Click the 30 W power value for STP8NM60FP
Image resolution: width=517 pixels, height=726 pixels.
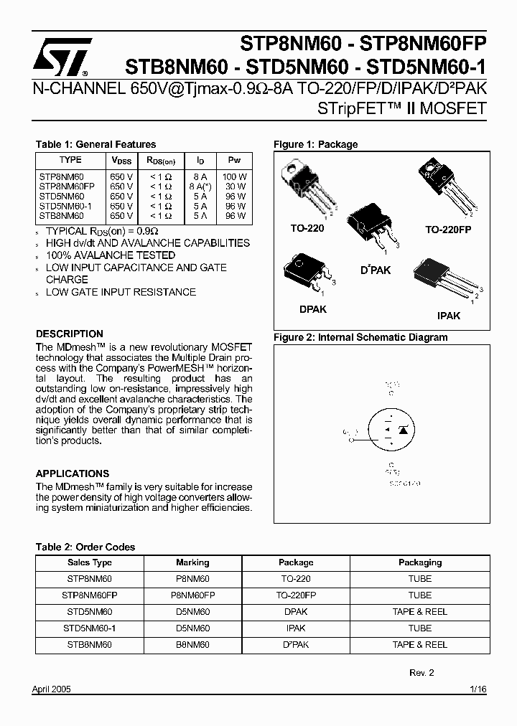pos(234,186)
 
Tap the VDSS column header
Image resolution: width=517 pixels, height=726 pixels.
pos(122,161)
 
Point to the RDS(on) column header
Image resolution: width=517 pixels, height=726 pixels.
pos(161,161)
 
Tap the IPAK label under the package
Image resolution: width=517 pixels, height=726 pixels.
pos(449,315)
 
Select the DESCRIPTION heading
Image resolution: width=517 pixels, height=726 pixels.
pos(70,334)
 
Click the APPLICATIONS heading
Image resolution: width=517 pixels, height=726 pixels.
pos(73,473)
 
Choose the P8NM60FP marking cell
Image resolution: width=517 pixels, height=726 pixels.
pos(192,595)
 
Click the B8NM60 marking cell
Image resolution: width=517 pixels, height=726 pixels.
pos(192,645)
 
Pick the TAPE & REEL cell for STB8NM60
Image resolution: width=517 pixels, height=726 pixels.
pos(420,645)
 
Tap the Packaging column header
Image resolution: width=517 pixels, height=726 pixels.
pos(420,562)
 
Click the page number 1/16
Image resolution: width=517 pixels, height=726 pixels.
pos(478,689)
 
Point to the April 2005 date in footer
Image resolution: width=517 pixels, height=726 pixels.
pos(52,689)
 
